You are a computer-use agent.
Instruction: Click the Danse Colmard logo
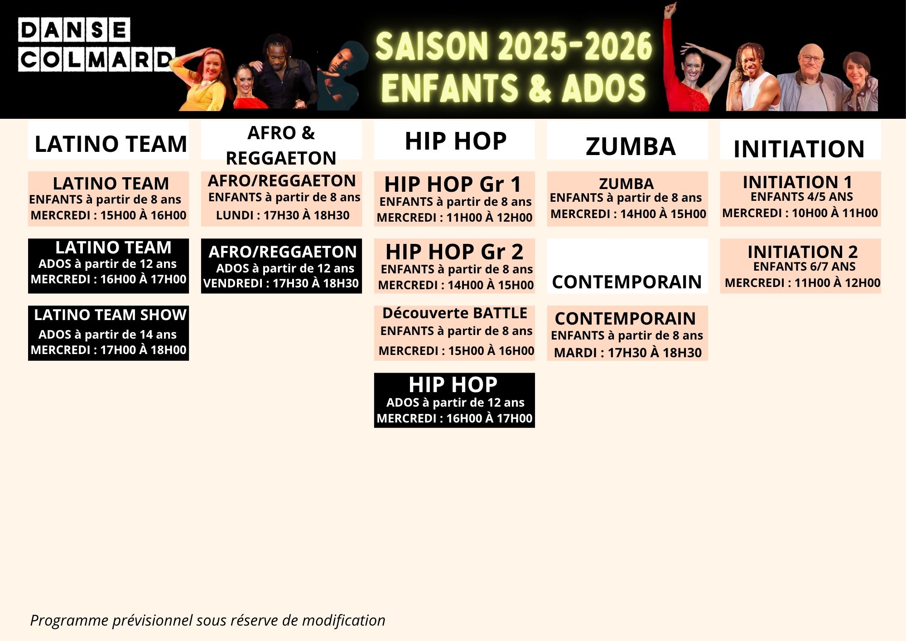[x=96, y=44]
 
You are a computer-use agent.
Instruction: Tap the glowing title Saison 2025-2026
[x=514, y=46]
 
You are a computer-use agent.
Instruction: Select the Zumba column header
[x=627, y=140]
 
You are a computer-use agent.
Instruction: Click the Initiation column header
[x=800, y=140]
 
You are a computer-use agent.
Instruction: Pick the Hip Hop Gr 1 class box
[x=454, y=199]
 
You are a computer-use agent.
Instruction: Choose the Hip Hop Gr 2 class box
[x=454, y=266]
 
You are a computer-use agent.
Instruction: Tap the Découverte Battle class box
[x=454, y=333]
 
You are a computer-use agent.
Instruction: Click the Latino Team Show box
[x=108, y=333]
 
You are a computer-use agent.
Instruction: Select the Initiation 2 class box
[x=800, y=266]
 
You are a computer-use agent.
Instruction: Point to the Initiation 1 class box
[x=800, y=199]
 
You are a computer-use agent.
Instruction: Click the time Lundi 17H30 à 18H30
[x=283, y=215]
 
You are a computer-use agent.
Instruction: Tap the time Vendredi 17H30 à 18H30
[x=281, y=283]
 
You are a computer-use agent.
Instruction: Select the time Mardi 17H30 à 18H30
[x=628, y=353]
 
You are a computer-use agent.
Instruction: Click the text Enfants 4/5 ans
[x=802, y=197]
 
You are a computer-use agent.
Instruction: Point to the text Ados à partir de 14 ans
[x=107, y=335]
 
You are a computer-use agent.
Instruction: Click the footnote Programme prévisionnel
[x=207, y=620]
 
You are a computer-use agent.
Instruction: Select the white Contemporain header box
[x=627, y=266]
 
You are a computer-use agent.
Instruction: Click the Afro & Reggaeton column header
[x=281, y=140]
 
